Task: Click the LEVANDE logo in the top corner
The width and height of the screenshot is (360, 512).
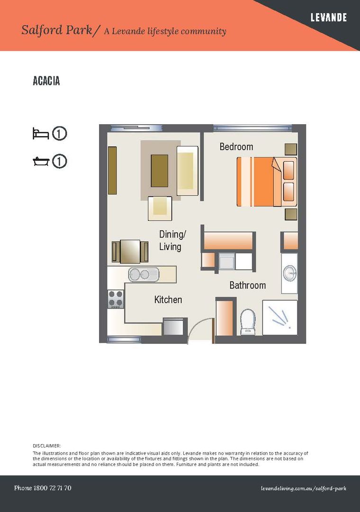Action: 328,18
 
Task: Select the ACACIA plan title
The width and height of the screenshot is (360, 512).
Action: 46,81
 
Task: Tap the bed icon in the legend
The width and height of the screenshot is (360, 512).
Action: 41,133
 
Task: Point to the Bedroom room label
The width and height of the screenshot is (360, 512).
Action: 236,147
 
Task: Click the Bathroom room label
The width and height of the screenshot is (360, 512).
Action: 247,285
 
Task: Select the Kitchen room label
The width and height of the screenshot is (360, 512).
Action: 168,300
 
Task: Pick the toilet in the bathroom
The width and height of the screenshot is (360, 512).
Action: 248,322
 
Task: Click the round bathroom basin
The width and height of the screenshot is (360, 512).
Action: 289,273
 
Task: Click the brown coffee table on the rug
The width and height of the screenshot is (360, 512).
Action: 159,171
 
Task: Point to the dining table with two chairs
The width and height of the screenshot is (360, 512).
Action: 130,251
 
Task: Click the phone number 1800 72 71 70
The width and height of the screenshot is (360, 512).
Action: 43,488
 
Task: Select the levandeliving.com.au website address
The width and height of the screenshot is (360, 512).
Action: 303,488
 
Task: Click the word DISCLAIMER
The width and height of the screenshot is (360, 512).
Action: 46,446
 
